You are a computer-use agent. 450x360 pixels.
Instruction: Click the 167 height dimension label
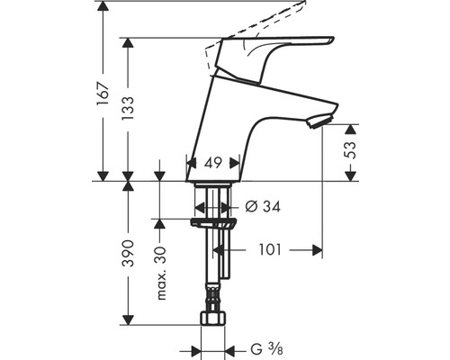(103, 94)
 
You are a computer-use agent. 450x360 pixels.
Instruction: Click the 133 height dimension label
(128, 109)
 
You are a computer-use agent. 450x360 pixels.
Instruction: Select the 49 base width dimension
(212, 163)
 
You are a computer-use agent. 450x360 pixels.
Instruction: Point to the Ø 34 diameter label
(263, 206)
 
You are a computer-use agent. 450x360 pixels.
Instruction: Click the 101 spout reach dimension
(270, 249)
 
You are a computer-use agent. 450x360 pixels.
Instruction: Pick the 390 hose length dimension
(128, 253)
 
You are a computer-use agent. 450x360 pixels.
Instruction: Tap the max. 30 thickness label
(161, 273)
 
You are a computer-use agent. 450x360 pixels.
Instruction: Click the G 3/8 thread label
(266, 349)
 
